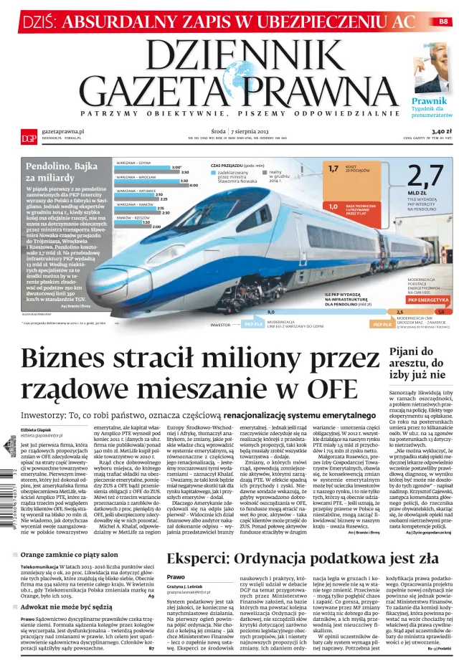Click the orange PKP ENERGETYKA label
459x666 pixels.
(x=428, y=300)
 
